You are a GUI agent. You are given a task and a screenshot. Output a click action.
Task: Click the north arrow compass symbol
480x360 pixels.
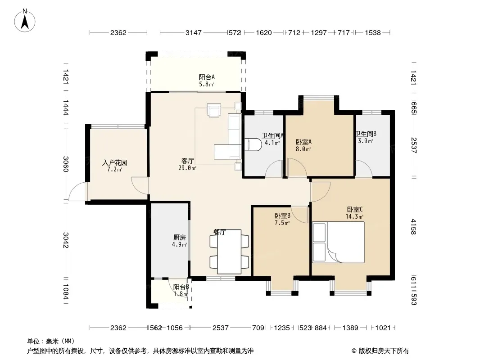[x=25, y=21]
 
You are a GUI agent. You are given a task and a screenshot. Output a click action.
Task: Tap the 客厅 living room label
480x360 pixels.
[x=187, y=161]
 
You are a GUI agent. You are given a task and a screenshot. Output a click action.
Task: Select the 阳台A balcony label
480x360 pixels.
[x=207, y=77]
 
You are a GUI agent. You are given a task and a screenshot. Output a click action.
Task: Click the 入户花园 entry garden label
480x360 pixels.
[x=114, y=163]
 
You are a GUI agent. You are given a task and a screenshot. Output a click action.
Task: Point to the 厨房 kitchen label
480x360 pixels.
[x=179, y=237]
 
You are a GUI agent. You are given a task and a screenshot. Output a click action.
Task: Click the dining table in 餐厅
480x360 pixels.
[x=229, y=252]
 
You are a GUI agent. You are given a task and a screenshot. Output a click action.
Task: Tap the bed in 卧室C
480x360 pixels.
[x=338, y=242]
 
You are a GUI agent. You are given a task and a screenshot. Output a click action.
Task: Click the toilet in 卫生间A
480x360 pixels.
[x=253, y=144]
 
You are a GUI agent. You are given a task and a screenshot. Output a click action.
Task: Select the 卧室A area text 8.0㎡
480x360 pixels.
[x=303, y=149]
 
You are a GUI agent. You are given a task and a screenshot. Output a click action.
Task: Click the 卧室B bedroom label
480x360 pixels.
[x=282, y=216]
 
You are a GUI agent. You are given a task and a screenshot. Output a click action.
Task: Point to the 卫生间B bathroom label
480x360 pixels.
[x=366, y=134]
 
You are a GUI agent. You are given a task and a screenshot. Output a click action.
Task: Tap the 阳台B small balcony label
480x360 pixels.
[x=181, y=287]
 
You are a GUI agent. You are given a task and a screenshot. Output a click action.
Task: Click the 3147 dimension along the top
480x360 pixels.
[x=194, y=32]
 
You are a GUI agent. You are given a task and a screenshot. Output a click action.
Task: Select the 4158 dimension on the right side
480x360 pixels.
[x=413, y=227]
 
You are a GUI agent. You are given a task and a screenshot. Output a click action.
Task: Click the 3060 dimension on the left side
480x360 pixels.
[x=66, y=164]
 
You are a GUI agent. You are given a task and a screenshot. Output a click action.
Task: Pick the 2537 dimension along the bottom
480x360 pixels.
[x=220, y=328]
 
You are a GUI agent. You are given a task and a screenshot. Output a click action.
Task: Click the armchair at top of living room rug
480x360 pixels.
[x=214, y=110]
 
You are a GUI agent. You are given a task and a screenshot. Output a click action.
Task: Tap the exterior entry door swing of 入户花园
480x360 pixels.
[x=78, y=191]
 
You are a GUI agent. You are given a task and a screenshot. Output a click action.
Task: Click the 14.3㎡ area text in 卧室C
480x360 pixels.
[x=354, y=216]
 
